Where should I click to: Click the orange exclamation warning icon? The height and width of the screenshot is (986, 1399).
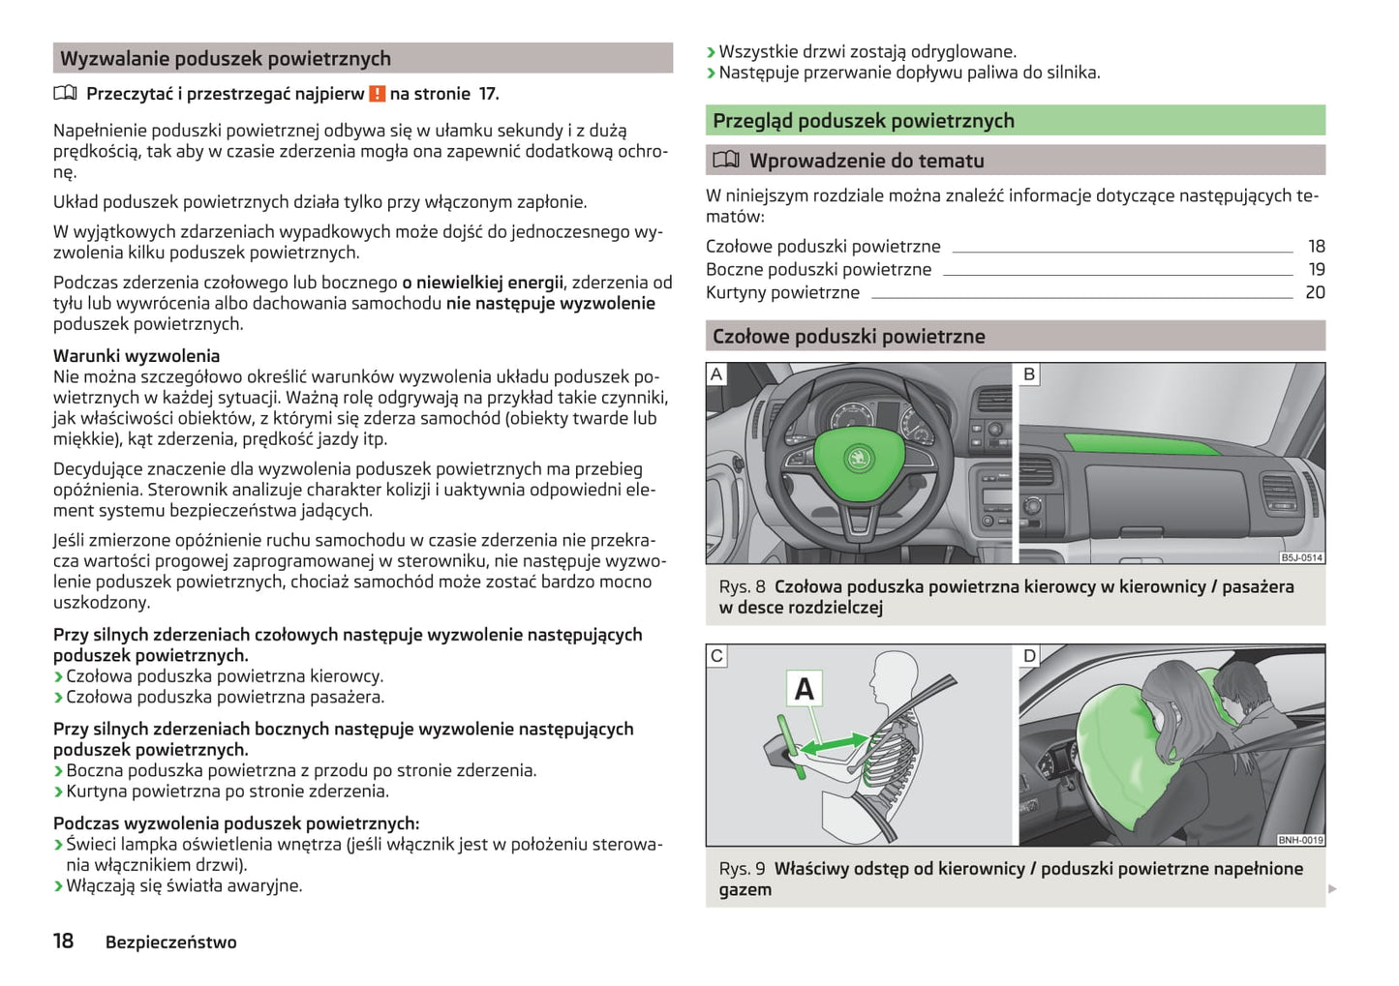click(x=378, y=94)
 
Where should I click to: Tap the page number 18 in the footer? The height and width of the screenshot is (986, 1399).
click(x=63, y=941)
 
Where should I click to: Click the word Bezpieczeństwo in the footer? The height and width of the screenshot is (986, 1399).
click(x=170, y=942)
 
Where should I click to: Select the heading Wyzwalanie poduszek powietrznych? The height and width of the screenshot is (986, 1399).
click(x=226, y=59)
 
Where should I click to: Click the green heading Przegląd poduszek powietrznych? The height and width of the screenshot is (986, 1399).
click(x=863, y=121)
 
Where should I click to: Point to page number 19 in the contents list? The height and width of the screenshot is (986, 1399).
click(x=1316, y=270)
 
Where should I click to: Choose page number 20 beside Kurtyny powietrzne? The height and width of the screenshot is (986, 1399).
click(x=1315, y=292)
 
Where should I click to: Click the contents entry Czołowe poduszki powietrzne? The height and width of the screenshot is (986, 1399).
click(x=823, y=247)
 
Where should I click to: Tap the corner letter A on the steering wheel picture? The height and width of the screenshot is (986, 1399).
click(x=716, y=374)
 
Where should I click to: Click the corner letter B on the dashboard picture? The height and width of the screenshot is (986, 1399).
click(x=1029, y=374)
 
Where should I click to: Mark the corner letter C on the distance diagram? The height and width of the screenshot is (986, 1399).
click(x=716, y=656)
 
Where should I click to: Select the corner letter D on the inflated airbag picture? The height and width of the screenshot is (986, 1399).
click(x=1029, y=656)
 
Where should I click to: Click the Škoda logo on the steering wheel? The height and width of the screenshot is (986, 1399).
click(x=859, y=457)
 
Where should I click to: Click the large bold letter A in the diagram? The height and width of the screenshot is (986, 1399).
click(x=804, y=689)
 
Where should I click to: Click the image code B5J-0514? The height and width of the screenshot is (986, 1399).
click(x=1301, y=558)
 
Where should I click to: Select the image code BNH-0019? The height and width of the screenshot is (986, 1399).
click(x=1300, y=840)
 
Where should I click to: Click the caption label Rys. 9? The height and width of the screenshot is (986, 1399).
click(x=742, y=869)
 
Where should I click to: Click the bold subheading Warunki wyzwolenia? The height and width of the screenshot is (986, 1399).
click(x=137, y=356)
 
